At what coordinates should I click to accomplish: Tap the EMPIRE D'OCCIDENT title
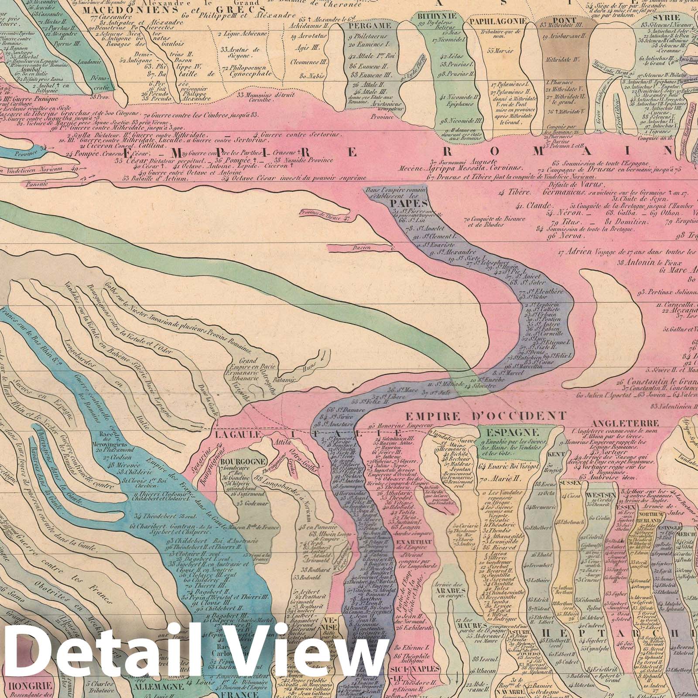point(486,415)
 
